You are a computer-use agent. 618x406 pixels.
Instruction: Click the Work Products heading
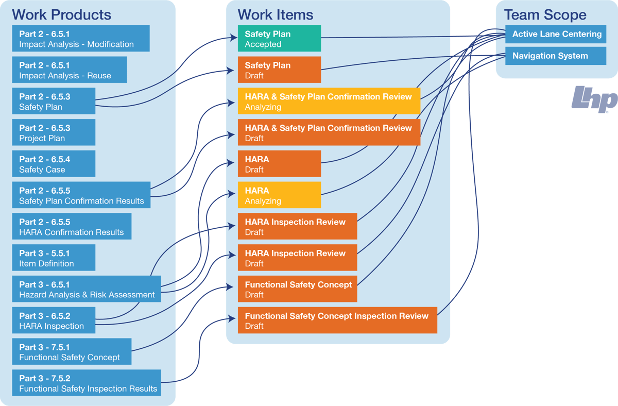point(61,15)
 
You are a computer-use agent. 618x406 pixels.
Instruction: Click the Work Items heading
point(275,15)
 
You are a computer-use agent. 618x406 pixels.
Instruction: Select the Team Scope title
point(545,15)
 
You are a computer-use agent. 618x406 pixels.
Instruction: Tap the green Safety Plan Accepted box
point(279,39)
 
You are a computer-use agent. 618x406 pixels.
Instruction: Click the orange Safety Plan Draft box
point(279,70)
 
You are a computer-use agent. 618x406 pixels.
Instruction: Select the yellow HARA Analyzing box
point(279,195)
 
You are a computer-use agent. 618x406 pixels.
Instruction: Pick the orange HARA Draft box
point(279,164)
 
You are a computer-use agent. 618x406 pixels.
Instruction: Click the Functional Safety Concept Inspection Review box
point(337,320)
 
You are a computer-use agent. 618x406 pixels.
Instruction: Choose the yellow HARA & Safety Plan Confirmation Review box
point(329,102)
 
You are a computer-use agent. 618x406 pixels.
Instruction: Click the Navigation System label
point(550,56)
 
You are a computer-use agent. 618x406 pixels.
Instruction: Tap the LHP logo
point(594,99)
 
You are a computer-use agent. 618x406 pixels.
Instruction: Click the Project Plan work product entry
point(45,133)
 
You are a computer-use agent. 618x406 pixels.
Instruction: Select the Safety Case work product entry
point(45,164)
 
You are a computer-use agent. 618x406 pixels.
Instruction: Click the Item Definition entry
point(46,258)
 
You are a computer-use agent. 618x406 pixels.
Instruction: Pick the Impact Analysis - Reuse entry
point(65,70)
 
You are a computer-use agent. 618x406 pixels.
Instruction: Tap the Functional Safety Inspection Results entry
point(88,383)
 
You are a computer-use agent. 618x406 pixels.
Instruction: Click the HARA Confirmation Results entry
point(71,227)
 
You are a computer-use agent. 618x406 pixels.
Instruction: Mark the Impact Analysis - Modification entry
point(76,39)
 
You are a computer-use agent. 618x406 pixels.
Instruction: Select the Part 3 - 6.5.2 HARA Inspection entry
point(51,320)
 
